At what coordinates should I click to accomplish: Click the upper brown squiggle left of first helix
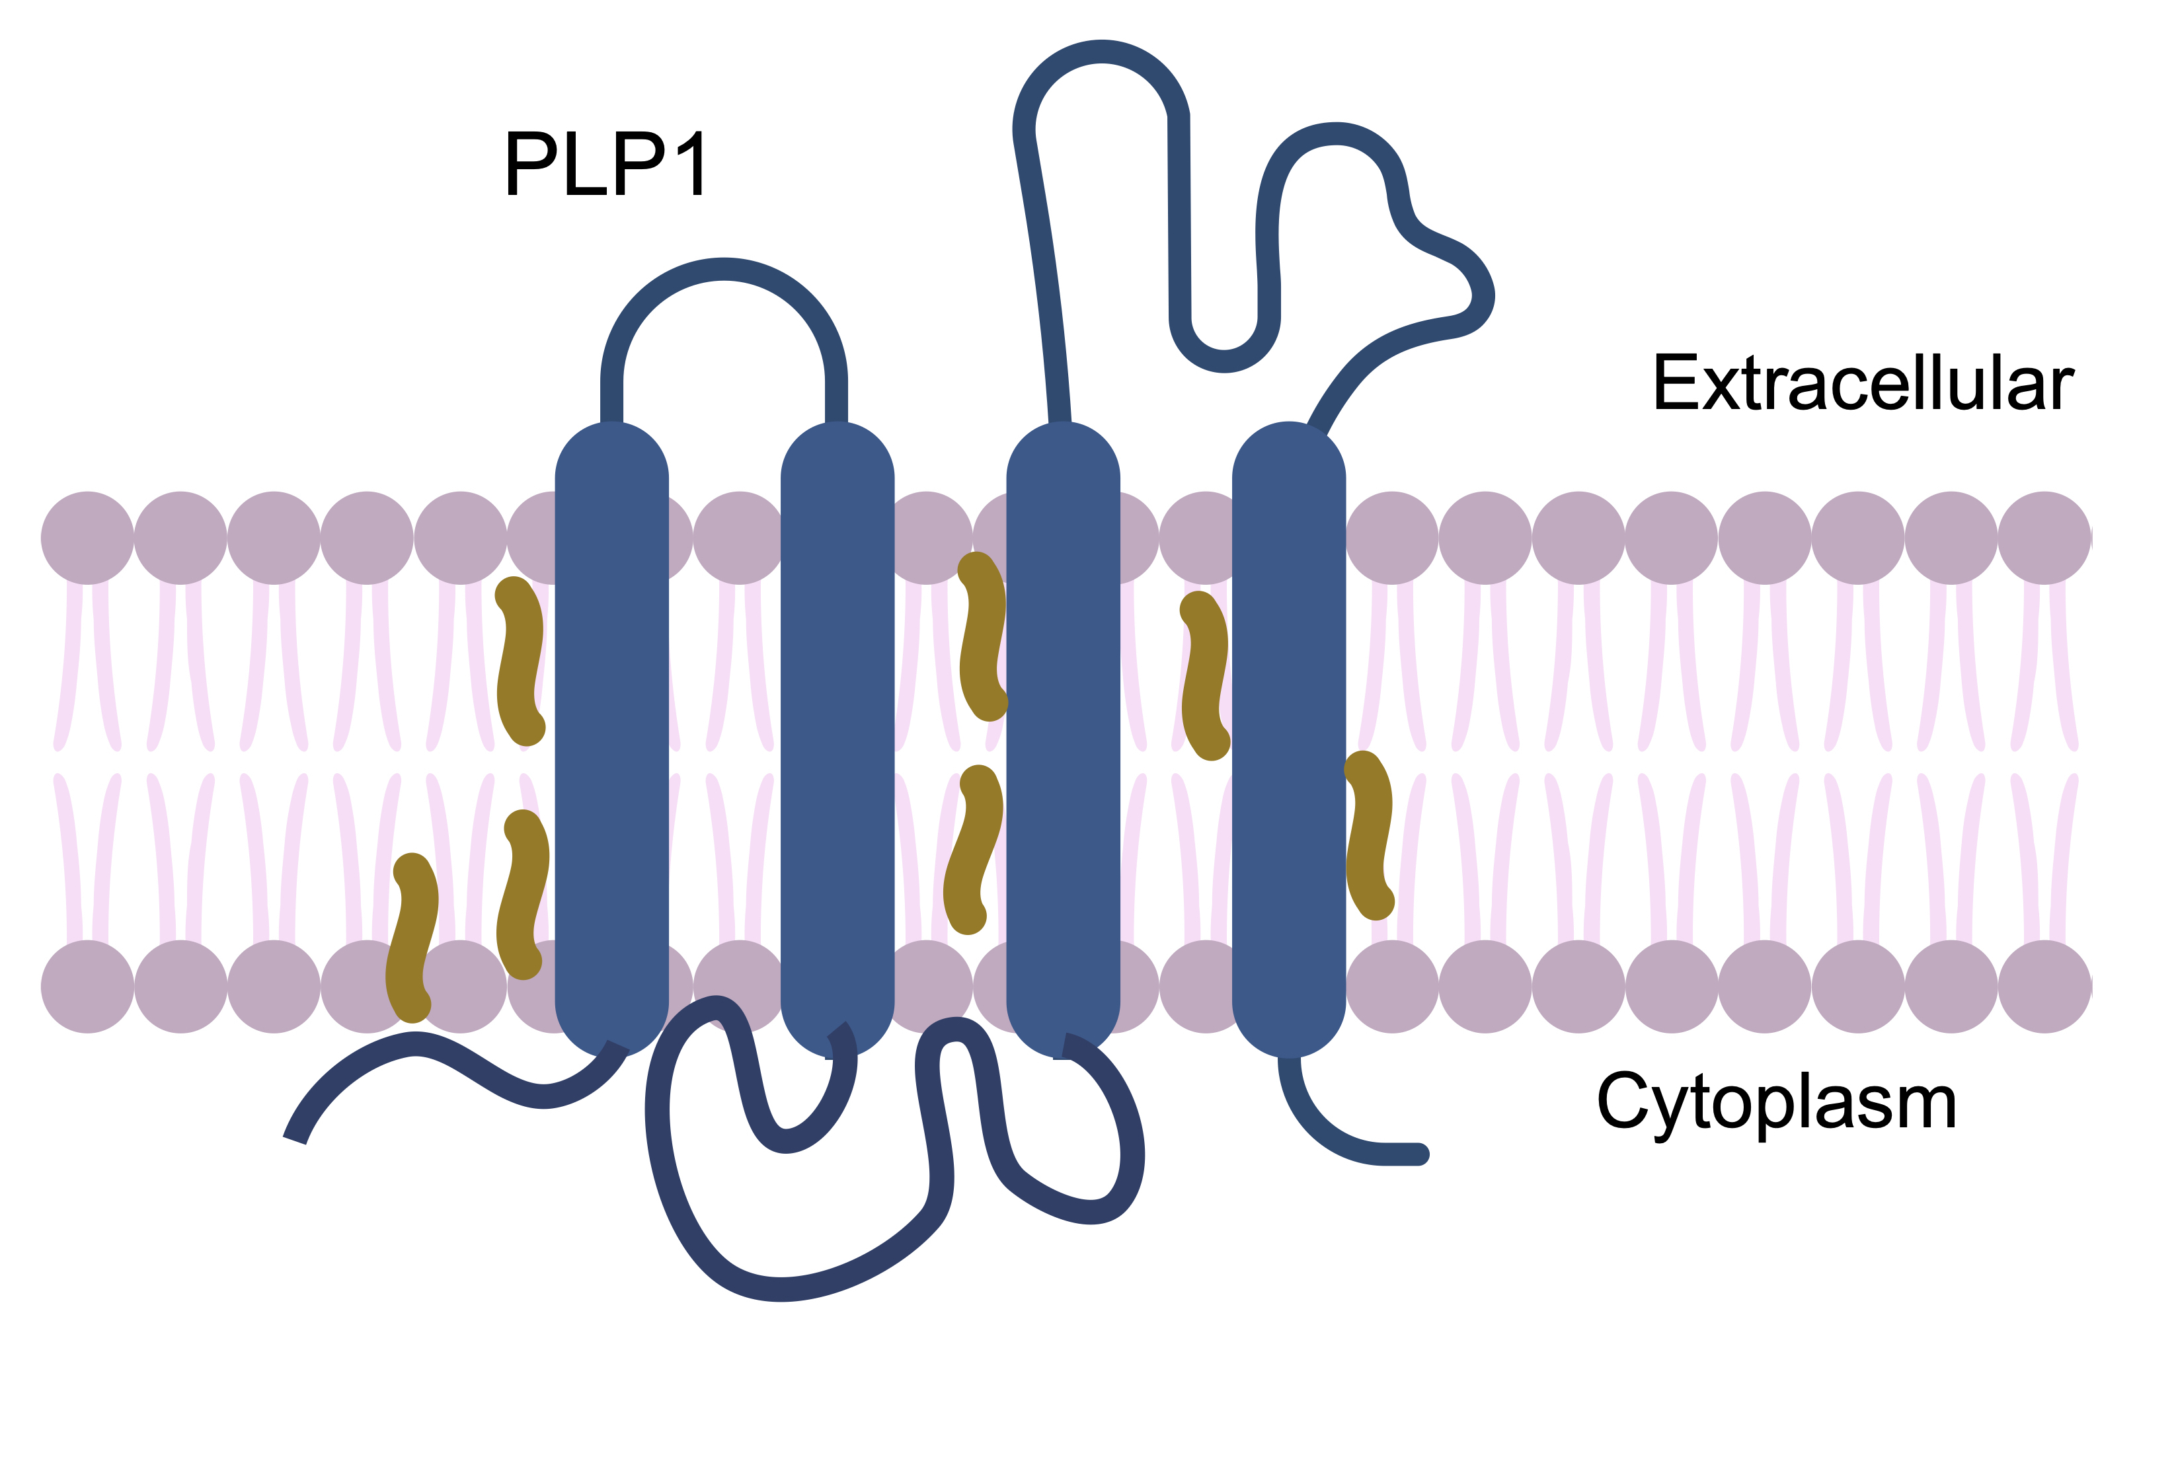click(520, 661)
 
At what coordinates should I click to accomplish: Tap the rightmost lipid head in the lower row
click(2044, 987)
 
